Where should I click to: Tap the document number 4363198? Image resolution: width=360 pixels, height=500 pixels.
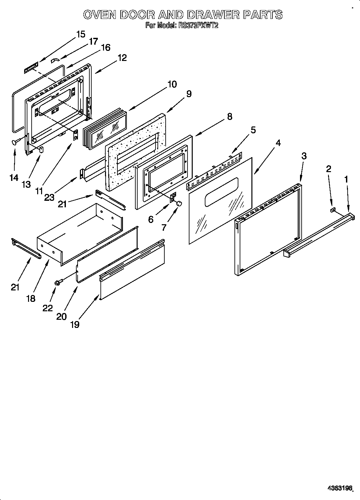340,488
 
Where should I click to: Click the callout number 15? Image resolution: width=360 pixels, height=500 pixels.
81,34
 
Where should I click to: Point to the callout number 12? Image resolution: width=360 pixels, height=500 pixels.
122,58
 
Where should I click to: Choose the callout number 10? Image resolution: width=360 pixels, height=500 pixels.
172,84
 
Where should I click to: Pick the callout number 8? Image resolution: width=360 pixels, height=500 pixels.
230,117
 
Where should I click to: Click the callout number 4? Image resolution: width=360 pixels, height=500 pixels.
278,143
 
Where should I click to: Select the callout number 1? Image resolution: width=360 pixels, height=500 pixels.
346,179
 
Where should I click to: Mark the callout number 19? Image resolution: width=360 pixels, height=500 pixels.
74,324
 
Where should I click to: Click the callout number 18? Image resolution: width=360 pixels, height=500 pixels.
31,298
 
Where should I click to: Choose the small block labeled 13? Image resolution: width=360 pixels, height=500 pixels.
41,149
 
